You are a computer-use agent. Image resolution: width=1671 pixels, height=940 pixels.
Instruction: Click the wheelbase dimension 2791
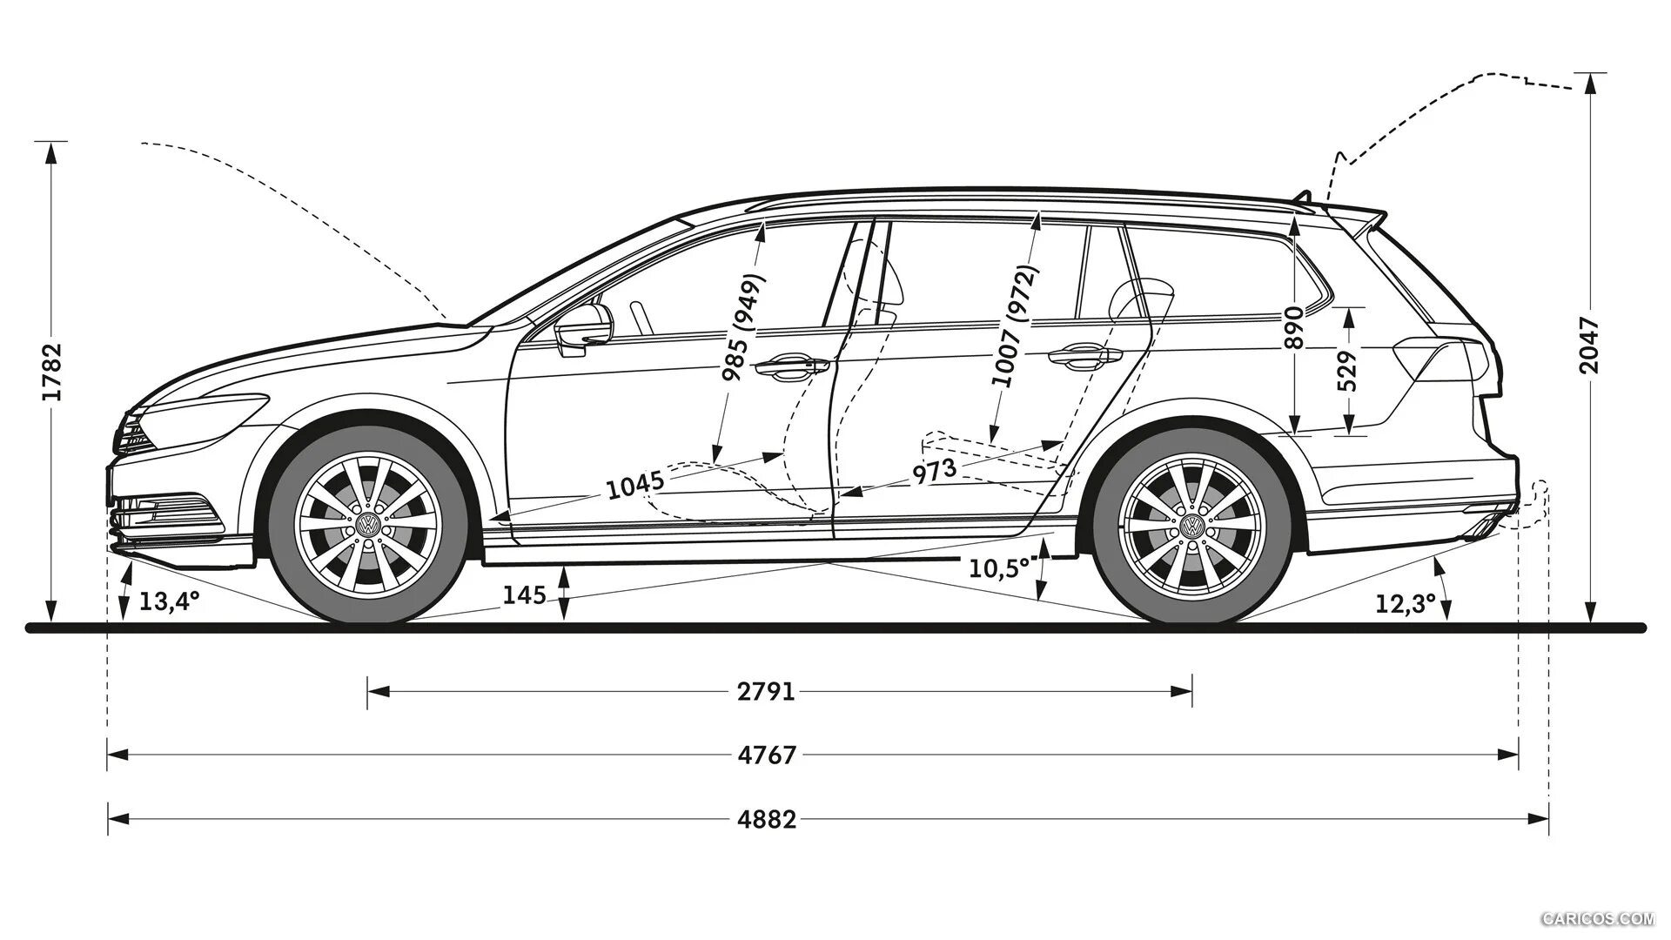pos(766,692)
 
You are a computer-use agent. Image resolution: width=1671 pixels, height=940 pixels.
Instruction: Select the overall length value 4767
pos(766,755)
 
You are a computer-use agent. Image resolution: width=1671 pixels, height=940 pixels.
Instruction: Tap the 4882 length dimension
pos(766,819)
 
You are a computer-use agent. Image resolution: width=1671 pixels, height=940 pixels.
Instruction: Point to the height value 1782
pos(53,372)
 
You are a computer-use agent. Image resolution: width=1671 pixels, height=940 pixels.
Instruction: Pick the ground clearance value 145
pos(525,596)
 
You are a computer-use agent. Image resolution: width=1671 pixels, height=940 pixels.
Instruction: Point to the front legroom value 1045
pos(635,485)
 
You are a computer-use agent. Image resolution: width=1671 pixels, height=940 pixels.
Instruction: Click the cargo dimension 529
pos(1347,372)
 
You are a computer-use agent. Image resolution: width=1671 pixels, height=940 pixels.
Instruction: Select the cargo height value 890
pos(1295,328)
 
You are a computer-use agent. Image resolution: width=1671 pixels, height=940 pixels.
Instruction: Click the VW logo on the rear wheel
pos(1191,526)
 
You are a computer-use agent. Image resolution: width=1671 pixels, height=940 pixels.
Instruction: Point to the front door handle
pos(791,367)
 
